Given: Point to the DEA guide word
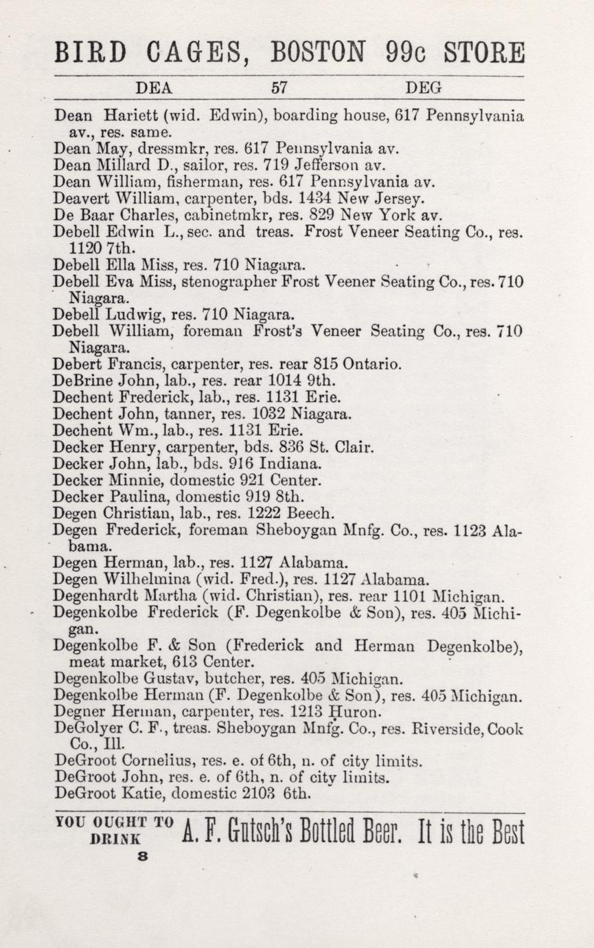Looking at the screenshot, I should pos(155,88).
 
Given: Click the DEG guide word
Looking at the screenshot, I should pos(423,88).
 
